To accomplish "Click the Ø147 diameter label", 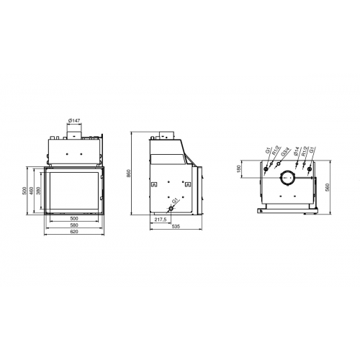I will (74, 120).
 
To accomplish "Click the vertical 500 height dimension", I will (24, 191).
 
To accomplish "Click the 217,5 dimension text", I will (161, 220).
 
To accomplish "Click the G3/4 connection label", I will (285, 153).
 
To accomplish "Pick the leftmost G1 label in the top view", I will (267, 151).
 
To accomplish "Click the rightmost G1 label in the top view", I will (313, 152).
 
